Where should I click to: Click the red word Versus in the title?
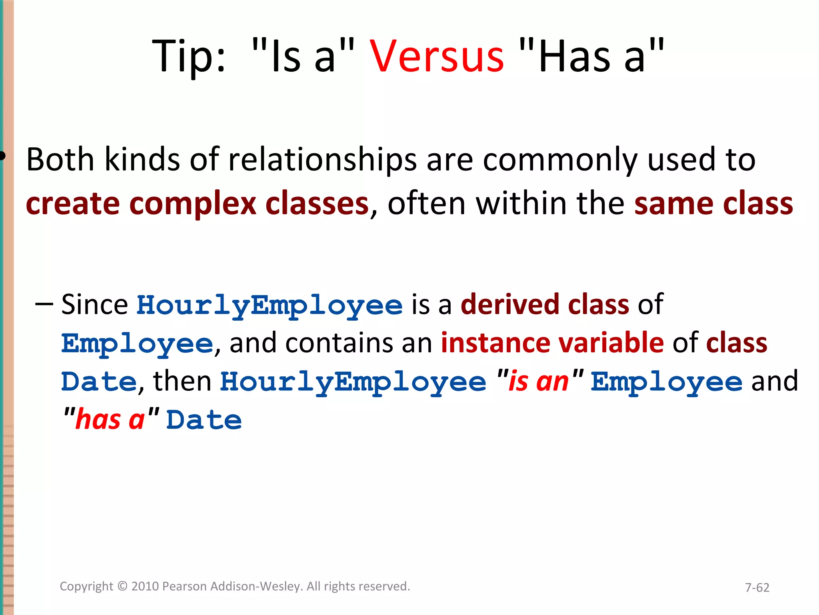tap(437, 57)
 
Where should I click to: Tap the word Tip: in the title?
tap(189, 57)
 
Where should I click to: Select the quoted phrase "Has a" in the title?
tap(591, 57)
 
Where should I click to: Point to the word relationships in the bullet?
tap(322, 160)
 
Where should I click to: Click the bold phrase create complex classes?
tap(197, 204)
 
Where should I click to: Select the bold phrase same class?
tap(713, 204)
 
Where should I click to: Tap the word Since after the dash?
tap(94, 305)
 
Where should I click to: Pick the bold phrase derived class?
tap(545, 305)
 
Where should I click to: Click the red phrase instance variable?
tap(552, 344)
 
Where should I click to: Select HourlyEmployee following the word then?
tap(353, 382)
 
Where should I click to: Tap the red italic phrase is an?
tap(538, 382)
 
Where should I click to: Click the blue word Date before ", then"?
tap(99, 382)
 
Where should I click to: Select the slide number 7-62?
tap(757, 587)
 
